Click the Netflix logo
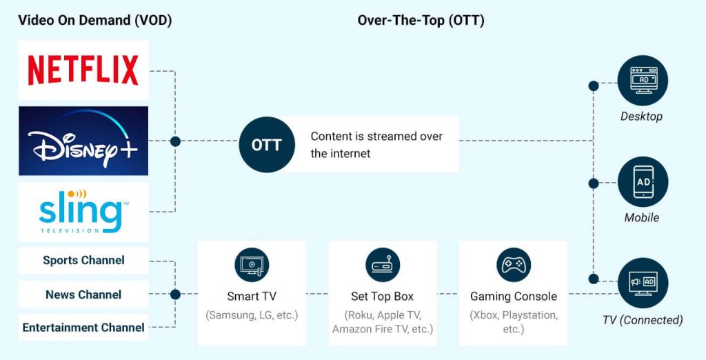[x=83, y=70]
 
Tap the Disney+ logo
[x=83, y=141]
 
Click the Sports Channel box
[x=83, y=261]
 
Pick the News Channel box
[x=83, y=294]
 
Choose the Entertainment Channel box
[x=83, y=328]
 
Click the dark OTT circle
[x=266, y=145]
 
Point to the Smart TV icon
[x=252, y=265]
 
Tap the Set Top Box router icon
[x=382, y=265]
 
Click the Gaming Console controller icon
[x=513, y=265]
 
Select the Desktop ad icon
[x=643, y=81]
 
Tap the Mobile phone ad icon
[x=643, y=182]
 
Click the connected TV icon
[x=643, y=283]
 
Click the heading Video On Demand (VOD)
[x=95, y=21]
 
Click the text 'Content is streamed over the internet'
[x=376, y=145]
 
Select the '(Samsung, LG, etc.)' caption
[x=252, y=315]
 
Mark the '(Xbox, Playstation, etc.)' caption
[x=513, y=321]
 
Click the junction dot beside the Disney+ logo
[x=175, y=141]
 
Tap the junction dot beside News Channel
[x=175, y=294]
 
